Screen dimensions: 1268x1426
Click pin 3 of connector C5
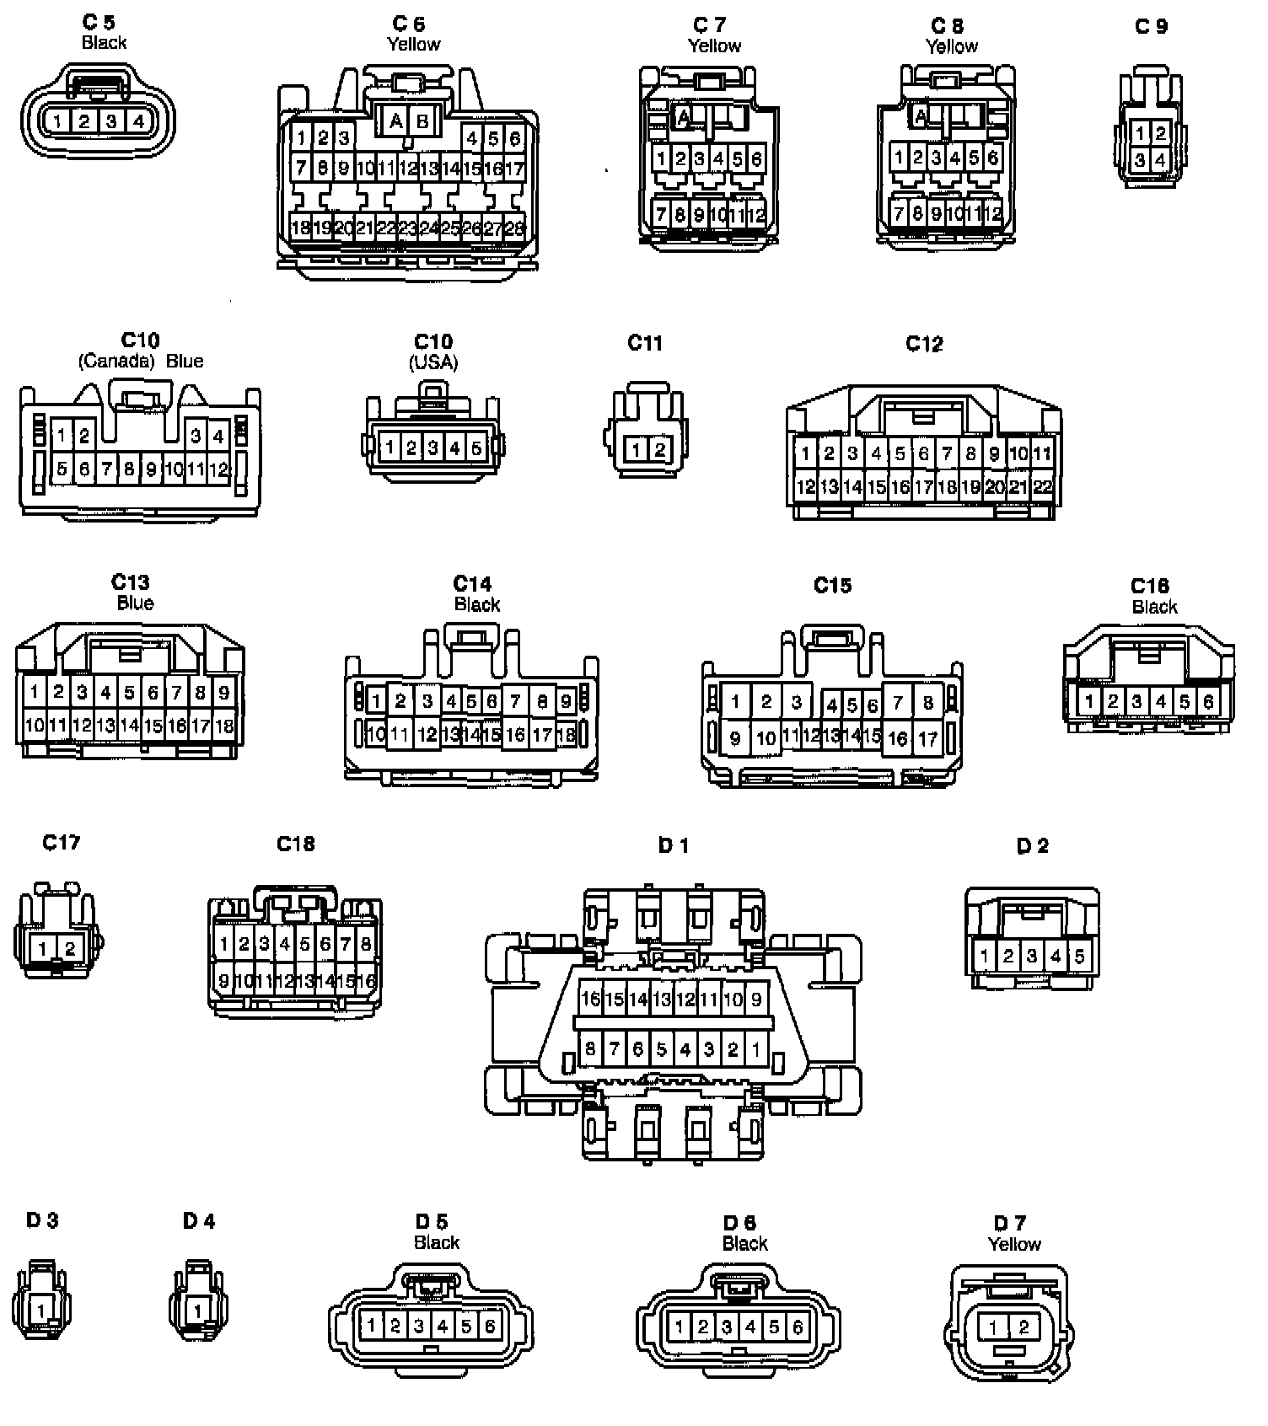tap(110, 121)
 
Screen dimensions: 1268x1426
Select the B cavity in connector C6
tap(422, 121)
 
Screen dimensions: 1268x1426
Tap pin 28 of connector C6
tap(514, 227)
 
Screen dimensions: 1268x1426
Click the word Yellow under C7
tap(714, 46)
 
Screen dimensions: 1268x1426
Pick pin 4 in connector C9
tap(1161, 159)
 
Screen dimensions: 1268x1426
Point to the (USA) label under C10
tap(433, 362)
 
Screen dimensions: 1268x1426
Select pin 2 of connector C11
tap(659, 450)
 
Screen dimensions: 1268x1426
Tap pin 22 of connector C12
tap(1043, 486)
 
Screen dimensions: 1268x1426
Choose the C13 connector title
tap(131, 582)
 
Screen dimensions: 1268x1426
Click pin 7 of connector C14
tap(515, 701)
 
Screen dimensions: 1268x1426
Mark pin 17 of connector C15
tap(927, 739)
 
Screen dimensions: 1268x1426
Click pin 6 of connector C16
tap(1208, 701)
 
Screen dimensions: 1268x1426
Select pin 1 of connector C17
tap(43, 949)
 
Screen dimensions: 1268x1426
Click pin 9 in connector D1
tap(756, 1000)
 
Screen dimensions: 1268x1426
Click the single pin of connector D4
tap(198, 1311)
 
